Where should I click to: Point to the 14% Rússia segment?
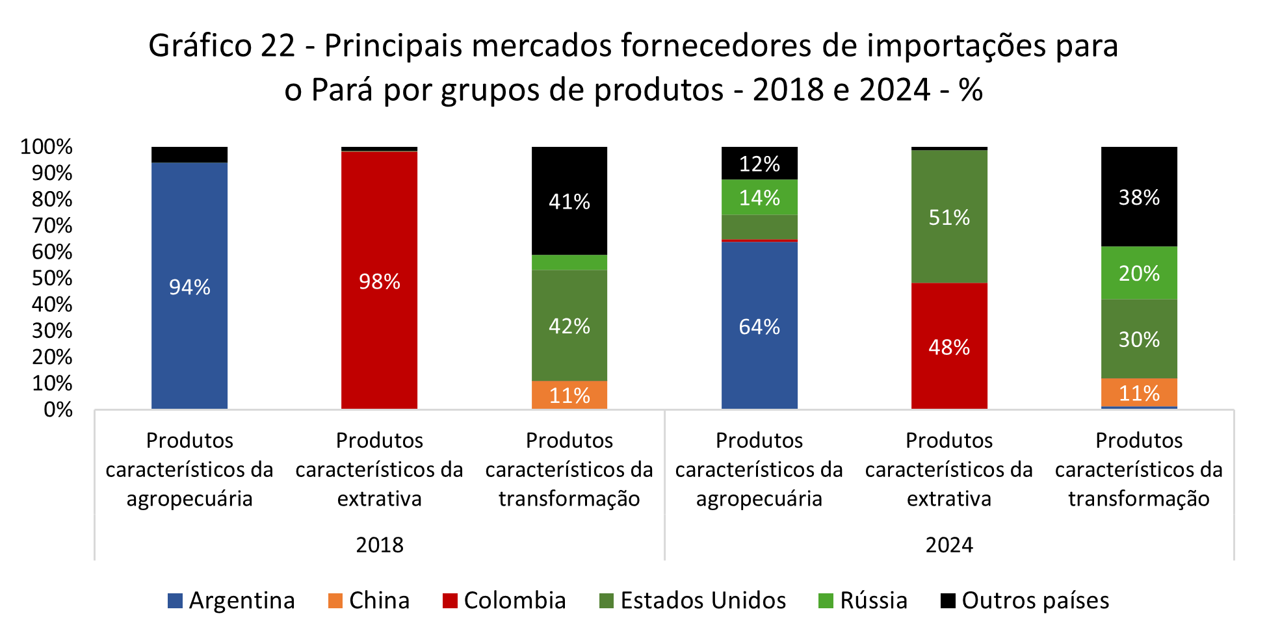[x=759, y=197]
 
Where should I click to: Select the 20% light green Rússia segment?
[x=1138, y=273]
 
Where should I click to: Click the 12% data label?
[x=759, y=163]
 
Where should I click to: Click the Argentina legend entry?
[x=231, y=600]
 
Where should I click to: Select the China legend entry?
[x=369, y=600]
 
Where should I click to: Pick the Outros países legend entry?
[x=1025, y=600]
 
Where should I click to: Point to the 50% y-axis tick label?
[x=52, y=278]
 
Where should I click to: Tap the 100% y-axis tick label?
[x=46, y=147]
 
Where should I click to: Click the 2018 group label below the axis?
[x=380, y=545]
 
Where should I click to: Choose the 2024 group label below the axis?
[x=949, y=545]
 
